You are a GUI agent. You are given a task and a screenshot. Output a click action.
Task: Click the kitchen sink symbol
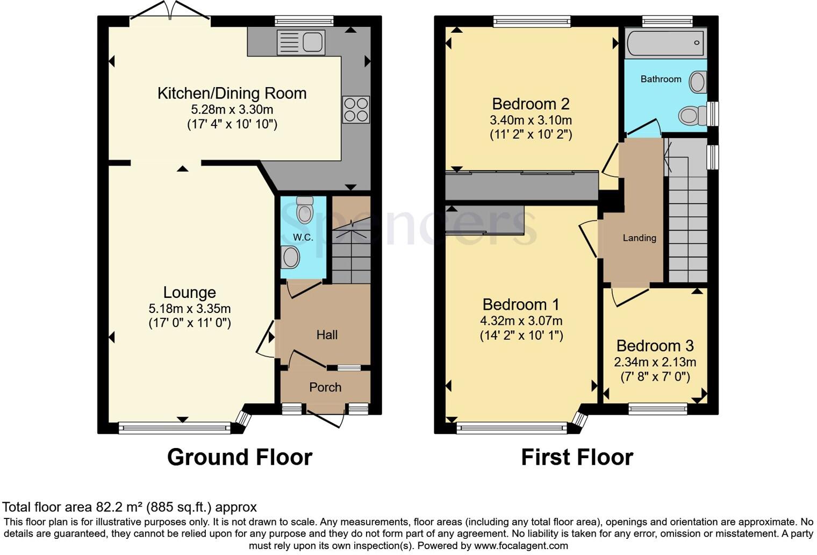tap(301, 42)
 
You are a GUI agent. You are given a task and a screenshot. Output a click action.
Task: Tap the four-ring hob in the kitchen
tap(356, 109)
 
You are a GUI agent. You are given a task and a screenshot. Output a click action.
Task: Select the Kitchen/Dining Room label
tap(232, 93)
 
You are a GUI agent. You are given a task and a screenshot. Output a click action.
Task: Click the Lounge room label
tap(189, 292)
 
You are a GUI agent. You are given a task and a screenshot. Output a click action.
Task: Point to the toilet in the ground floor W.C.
tap(305, 210)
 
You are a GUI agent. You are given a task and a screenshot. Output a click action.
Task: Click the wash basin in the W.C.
tap(290, 257)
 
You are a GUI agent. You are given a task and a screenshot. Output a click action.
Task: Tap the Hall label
tap(327, 335)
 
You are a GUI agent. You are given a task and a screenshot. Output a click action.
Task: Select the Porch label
tap(325, 387)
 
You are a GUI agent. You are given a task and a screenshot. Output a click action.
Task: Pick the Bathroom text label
tap(661, 79)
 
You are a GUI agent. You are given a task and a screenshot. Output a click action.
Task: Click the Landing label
tap(639, 238)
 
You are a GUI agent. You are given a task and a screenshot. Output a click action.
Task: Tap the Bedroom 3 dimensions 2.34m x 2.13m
tap(655, 362)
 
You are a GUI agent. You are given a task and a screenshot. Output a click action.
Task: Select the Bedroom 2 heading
tap(531, 103)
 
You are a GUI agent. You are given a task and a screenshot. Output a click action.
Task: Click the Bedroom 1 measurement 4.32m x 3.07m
tap(521, 321)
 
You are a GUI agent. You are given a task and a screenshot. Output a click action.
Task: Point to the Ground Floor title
tap(240, 457)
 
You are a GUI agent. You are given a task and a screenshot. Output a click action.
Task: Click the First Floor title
tap(577, 457)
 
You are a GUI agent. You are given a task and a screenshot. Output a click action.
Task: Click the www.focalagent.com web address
tap(520, 545)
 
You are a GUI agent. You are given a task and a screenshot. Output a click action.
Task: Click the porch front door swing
tap(325, 418)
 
